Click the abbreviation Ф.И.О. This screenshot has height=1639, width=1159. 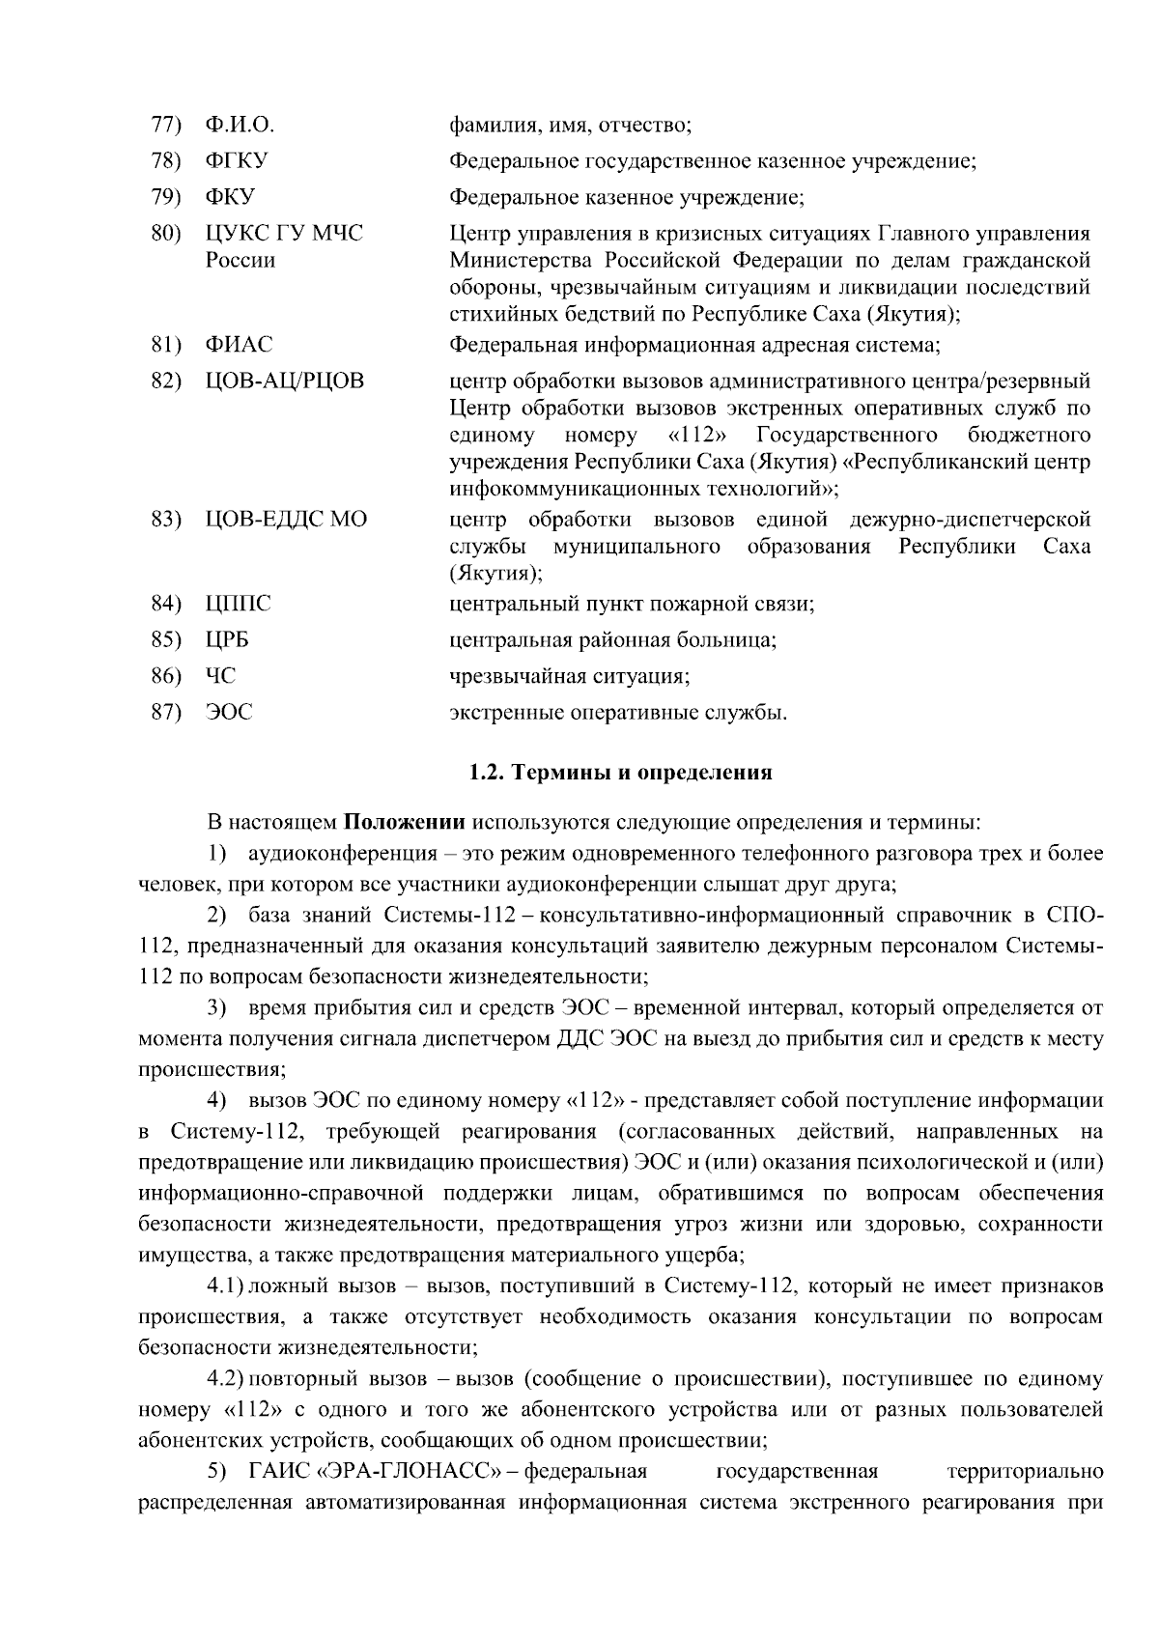click(x=240, y=125)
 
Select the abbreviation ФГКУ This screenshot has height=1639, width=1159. click(x=237, y=160)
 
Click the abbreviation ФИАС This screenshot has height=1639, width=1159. click(x=239, y=345)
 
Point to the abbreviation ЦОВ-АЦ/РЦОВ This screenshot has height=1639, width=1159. click(x=285, y=381)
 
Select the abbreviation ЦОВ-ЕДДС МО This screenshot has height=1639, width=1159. click(x=286, y=520)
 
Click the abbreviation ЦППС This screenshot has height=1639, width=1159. click(x=238, y=604)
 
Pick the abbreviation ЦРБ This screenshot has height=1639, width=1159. click(x=228, y=639)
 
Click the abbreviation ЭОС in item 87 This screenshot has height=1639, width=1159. click(x=229, y=713)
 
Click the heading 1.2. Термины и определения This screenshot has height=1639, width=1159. click(x=620, y=773)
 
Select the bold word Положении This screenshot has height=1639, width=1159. click(x=405, y=823)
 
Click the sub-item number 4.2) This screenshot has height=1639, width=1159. click(x=227, y=1379)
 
